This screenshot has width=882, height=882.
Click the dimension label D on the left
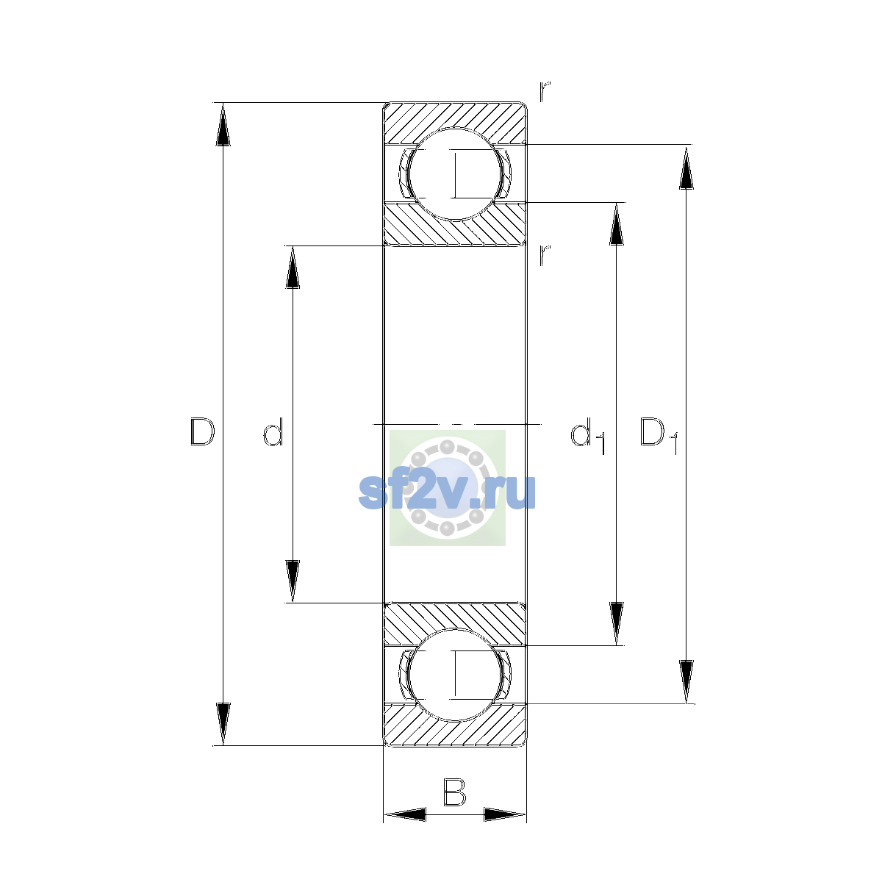click(x=202, y=431)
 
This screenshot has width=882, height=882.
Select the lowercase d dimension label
click(x=273, y=431)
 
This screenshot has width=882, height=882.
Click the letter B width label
click(x=454, y=792)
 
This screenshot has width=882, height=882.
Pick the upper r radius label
click(x=545, y=92)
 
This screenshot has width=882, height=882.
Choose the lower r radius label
click(x=545, y=255)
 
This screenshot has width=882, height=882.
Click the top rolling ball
click(x=454, y=174)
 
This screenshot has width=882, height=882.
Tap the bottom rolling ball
click(x=454, y=675)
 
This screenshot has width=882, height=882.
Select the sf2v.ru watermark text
click(x=447, y=491)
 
